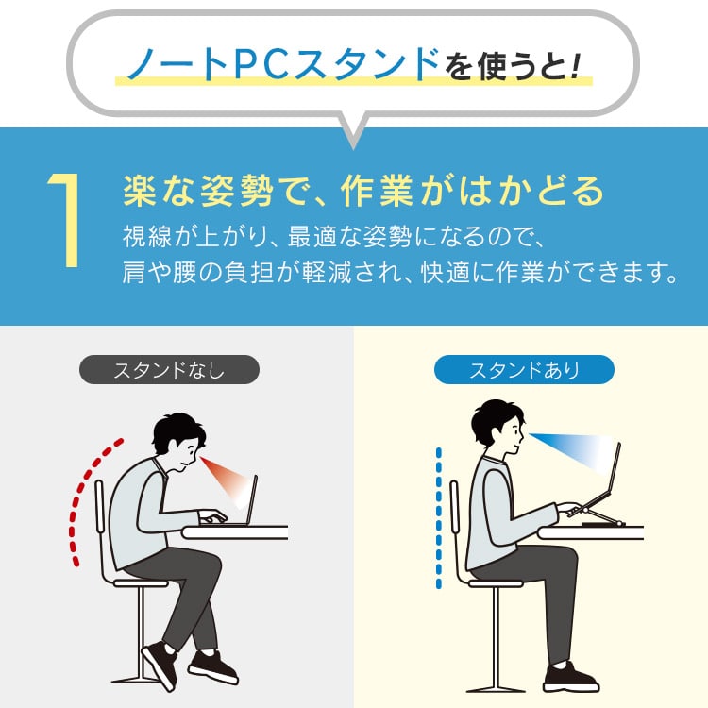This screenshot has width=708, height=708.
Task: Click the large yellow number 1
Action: coord(68,220)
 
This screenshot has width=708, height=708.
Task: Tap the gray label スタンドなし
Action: coord(169,370)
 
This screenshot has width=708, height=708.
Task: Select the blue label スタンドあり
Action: coord(524,370)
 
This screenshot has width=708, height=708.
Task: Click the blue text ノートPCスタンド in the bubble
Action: coord(283,64)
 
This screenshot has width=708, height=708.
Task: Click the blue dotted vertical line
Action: coord(438,518)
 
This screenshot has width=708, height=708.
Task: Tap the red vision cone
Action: coord(226,480)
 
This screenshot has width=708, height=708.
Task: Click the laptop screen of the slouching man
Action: coord(252,499)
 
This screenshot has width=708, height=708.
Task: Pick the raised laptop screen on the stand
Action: coord(615,474)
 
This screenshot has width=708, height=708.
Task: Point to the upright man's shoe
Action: coord(570,676)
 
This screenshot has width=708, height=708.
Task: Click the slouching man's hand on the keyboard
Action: coord(212,517)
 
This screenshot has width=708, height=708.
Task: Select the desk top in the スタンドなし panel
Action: coord(235,532)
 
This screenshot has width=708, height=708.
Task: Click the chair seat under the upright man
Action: coord(496,583)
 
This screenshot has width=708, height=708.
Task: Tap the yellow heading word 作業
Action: coord(377,191)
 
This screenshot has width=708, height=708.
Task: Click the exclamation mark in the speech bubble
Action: coord(574,66)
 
